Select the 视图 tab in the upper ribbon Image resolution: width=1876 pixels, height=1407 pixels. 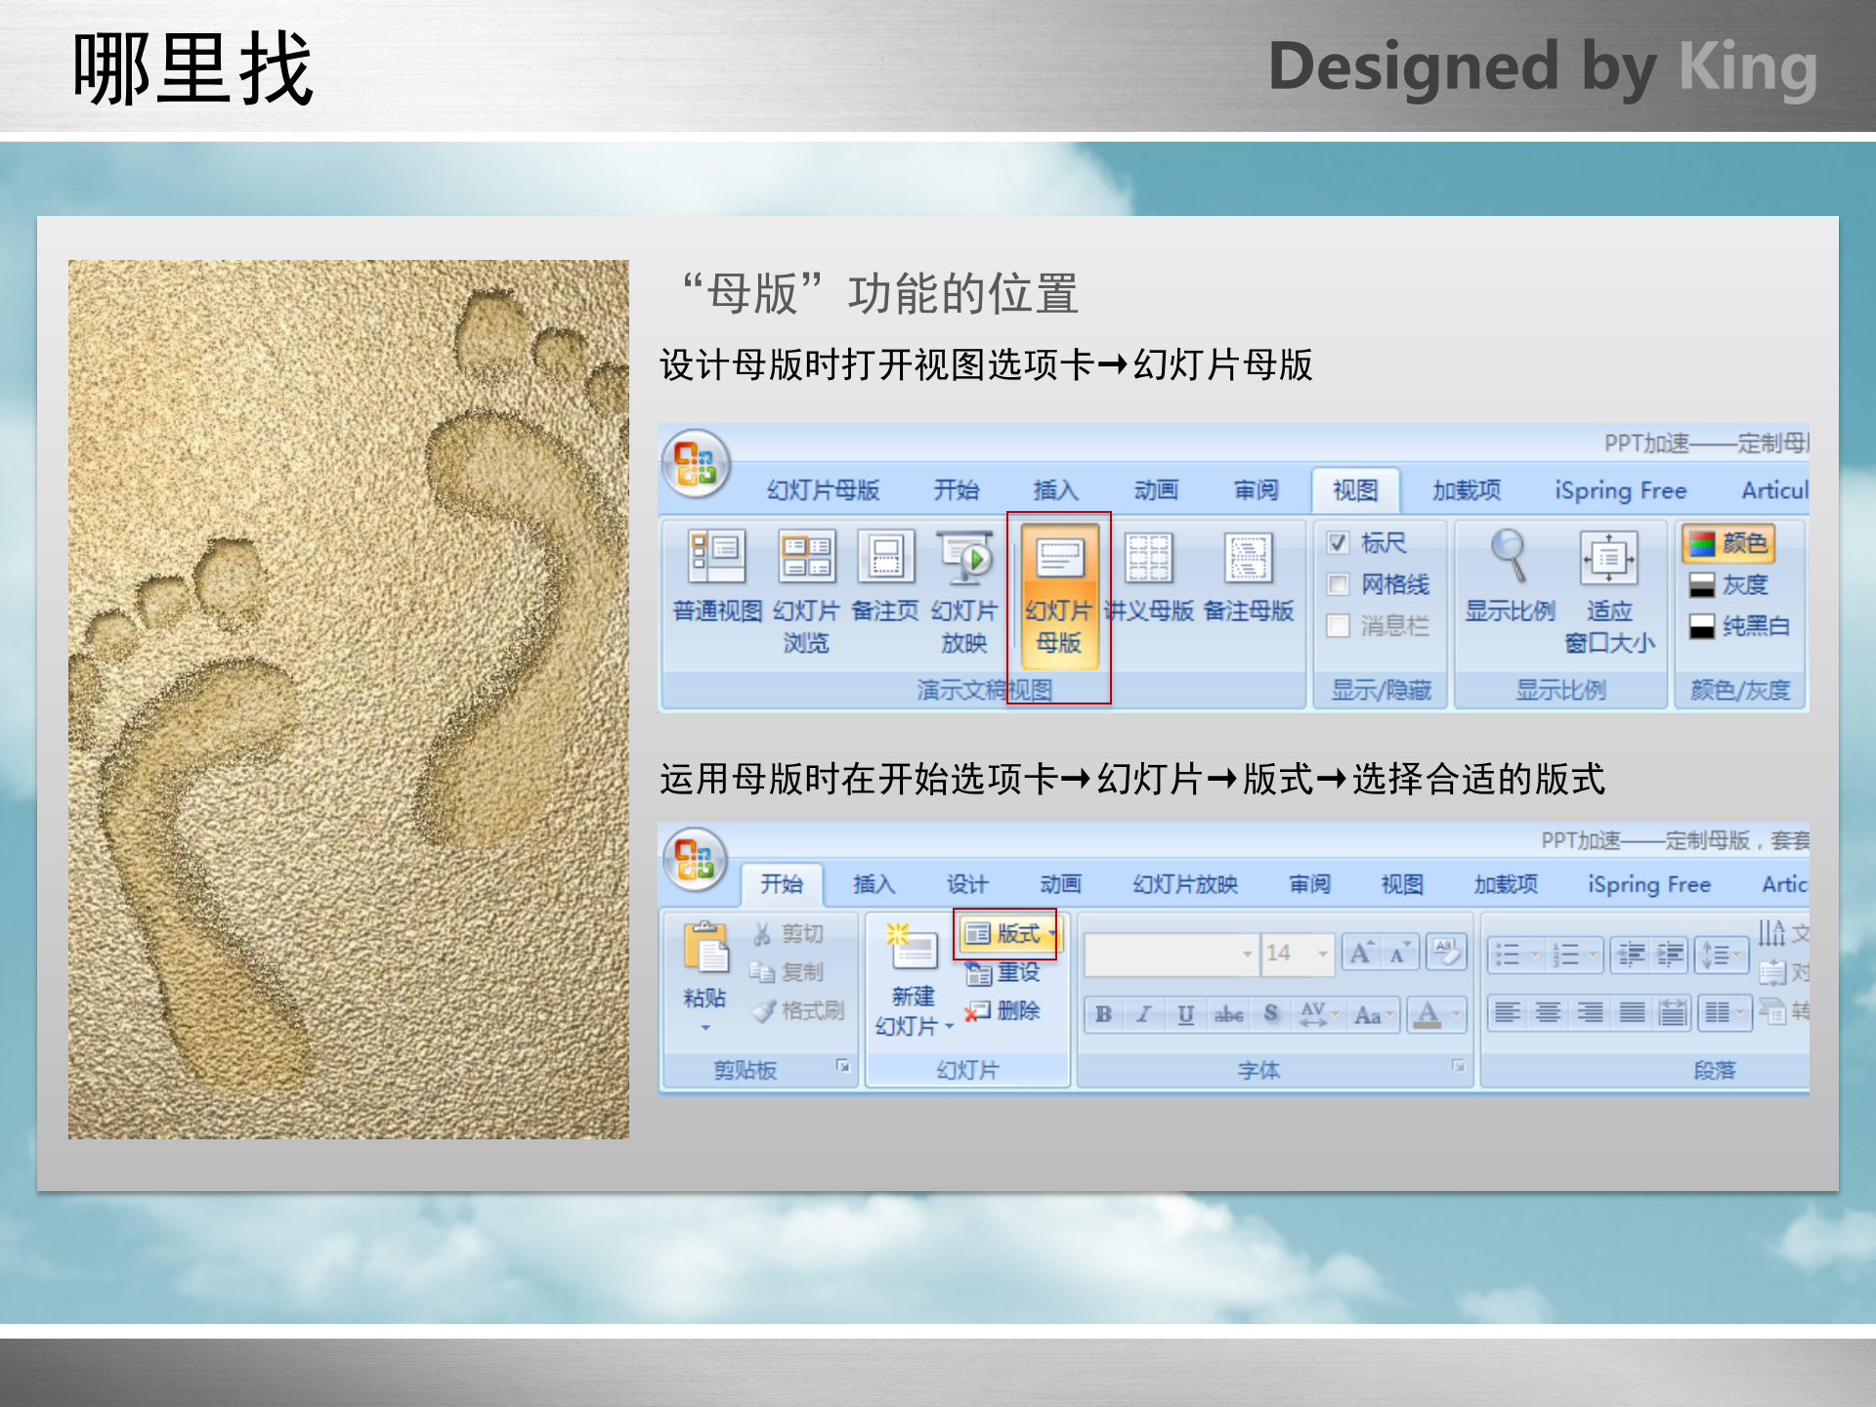pyautogui.click(x=1355, y=490)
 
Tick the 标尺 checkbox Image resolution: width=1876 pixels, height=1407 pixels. pyautogui.click(x=1339, y=543)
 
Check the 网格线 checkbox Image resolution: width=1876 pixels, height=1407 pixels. pyautogui.click(x=1339, y=584)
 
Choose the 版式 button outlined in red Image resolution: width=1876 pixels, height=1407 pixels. pyautogui.click(x=1006, y=934)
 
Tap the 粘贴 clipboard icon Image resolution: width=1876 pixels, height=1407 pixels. pyautogui.click(x=705, y=948)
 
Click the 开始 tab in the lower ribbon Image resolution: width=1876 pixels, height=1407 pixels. pyautogui.click(x=782, y=884)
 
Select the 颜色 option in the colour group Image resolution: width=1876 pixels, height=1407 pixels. pyautogui.click(x=1729, y=543)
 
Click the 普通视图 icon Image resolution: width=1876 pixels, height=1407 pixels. pyautogui.click(x=717, y=557)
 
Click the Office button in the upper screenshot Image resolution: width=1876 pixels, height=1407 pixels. pyautogui.click(x=696, y=464)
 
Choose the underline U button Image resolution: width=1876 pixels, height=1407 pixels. pyautogui.click(x=1185, y=1014)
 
